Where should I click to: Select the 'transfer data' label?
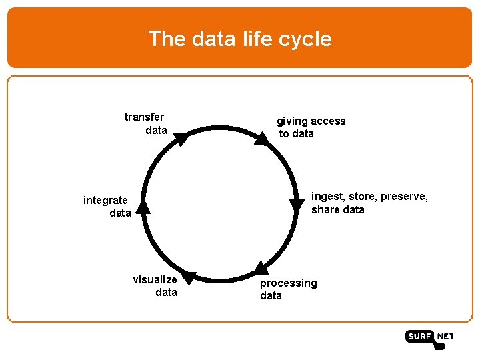point(145,123)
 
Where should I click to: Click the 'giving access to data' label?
point(311,127)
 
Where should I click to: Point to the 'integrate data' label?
point(107,207)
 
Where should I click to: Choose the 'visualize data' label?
point(155,286)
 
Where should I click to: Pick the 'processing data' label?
point(288,289)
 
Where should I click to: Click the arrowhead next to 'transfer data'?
point(181,139)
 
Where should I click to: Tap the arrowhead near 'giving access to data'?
point(261,137)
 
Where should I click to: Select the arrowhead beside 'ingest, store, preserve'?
point(297,205)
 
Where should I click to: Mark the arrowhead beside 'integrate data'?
point(143,207)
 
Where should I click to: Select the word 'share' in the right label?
point(325,210)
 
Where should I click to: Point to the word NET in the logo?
point(445,337)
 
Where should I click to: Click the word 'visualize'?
point(155,280)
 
